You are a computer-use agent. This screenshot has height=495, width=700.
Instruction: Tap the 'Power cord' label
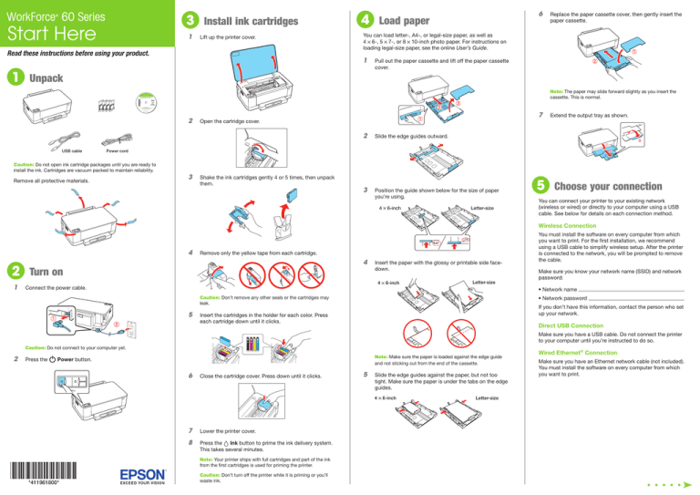click(117, 150)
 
